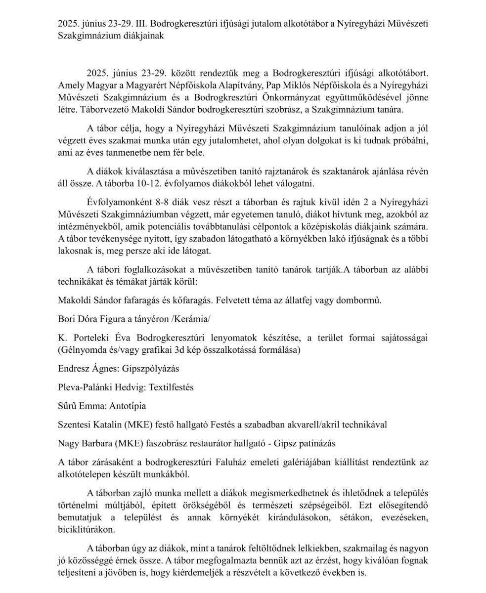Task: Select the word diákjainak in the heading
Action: pyautogui.click(x=141, y=36)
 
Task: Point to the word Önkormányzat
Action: pyautogui.click(x=320, y=97)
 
